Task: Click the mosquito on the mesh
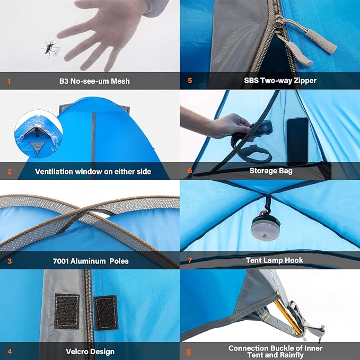click(x=50, y=49)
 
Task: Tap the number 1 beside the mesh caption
click(x=9, y=81)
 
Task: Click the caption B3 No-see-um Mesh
click(x=94, y=81)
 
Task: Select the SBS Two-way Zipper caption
click(x=274, y=81)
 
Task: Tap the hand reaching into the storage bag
click(x=228, y=126)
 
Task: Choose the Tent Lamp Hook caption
click(x=274, y=260)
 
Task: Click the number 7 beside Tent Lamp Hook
click(x=189, y=260)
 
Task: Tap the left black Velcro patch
click(x=67, y=311)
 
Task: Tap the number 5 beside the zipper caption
click(x=189, y=81)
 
